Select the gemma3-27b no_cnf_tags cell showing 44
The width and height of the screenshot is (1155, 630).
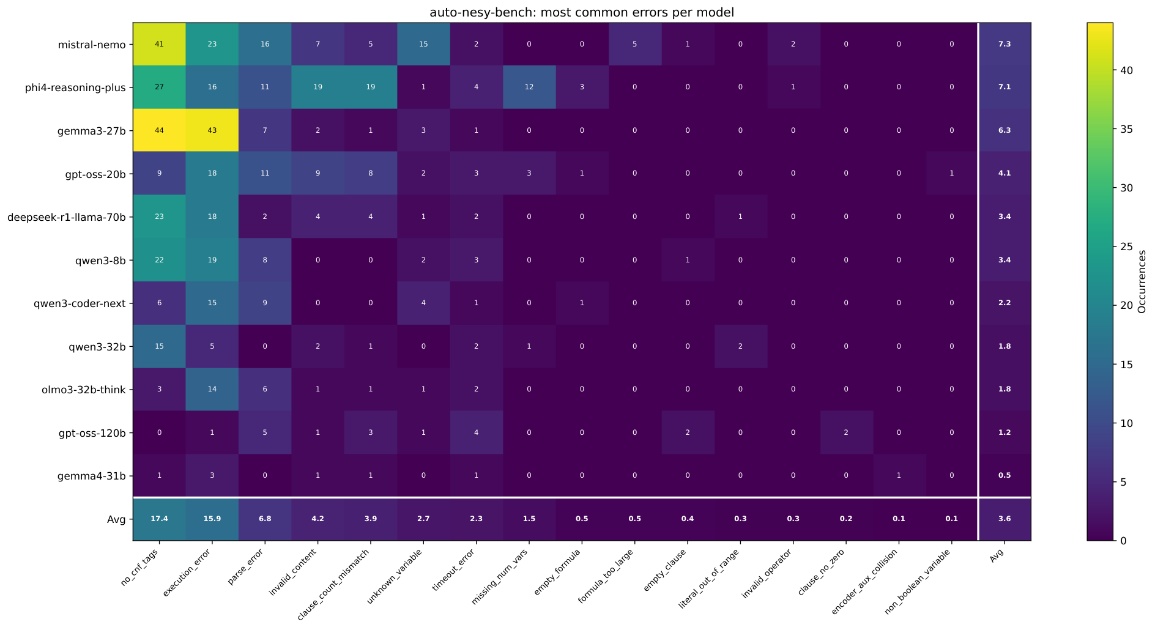point(159,130)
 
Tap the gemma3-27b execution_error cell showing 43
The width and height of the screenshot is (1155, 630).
point(212,130)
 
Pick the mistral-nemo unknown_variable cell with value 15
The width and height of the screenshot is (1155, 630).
point(423,44)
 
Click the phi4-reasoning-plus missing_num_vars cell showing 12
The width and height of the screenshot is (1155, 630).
point(529,87)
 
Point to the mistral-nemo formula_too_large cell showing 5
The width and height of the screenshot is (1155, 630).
point(634,44)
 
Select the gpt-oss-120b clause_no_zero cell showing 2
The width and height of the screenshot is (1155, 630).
point(846,432)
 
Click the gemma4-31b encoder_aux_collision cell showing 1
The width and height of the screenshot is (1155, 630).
point(899,476)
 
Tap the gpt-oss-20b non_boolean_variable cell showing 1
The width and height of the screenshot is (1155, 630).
point(951,174)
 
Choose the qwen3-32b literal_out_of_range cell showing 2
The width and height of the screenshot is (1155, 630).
point(740,346)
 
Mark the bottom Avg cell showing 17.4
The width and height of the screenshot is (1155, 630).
point(159,519)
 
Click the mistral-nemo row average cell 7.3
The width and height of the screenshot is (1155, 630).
point(1004,44)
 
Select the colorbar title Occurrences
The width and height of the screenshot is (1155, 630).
point(1142,281)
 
